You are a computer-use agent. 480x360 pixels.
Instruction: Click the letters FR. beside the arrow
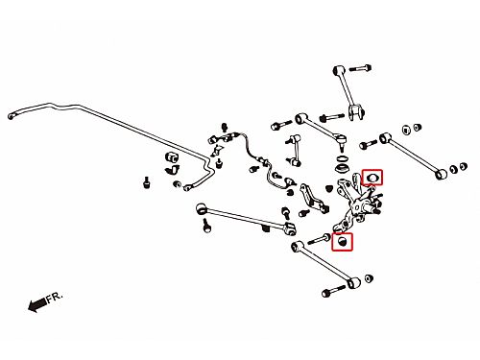point(55,298)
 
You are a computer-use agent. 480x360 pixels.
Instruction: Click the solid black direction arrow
point(37,304)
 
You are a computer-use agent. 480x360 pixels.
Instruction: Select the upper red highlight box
point(372,178)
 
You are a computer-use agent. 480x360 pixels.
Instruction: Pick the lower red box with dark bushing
point(342,242)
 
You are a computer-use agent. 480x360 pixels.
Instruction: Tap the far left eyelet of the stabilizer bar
point(12,116)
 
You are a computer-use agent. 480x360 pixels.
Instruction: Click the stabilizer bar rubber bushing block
point(172,156)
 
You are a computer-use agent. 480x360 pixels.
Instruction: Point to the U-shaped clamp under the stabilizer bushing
point(173,169)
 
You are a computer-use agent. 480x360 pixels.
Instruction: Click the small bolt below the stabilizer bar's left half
point(146,183)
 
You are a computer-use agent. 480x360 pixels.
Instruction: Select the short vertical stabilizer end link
point(296,151)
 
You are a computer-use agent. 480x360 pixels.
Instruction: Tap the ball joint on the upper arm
point(342,143)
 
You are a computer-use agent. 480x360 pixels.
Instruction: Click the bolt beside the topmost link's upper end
point(360,68)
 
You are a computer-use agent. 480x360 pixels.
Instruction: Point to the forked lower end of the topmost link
point(356,112)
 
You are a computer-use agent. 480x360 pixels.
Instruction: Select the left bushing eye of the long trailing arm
point(202,209)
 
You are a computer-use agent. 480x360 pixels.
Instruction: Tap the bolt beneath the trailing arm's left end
point(207,226)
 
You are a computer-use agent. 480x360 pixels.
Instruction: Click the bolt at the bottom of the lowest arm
point(334,291)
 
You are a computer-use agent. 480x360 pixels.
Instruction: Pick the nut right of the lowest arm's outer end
point(369,278)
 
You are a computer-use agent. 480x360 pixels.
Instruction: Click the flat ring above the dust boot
point(343,158)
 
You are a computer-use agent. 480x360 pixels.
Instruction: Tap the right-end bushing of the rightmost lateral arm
point(442,174)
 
